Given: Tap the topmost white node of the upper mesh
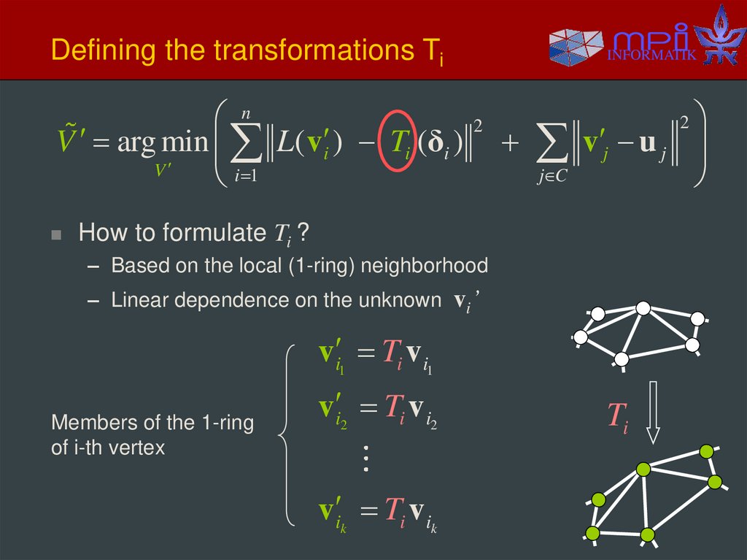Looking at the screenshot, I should pyautogui.click(x=643, y=309).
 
